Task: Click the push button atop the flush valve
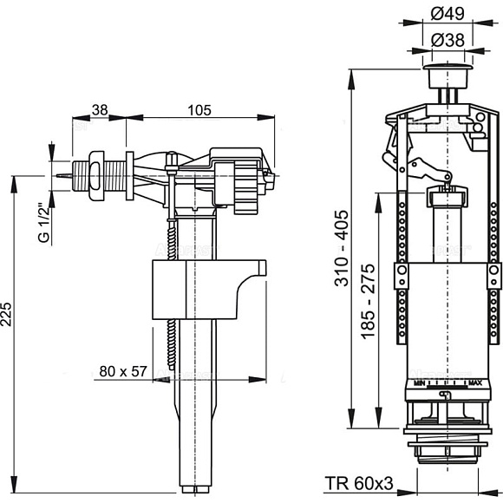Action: pos(448,67)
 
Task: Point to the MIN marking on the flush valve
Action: pos(419,382)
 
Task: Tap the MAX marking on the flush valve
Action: pos(474,382)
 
